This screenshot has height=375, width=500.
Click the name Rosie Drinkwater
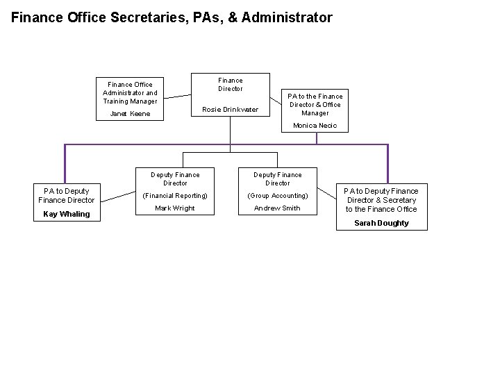coord(230,110)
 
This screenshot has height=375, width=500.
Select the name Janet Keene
coord(130,114)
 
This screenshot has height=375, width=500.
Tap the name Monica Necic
coord(315,126)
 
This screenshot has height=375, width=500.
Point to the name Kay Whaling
coord(67,214)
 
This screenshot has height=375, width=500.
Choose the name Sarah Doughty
coord(381,223)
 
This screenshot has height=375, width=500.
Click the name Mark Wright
coord(175,208)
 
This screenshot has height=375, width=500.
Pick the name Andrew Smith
coord(277,208)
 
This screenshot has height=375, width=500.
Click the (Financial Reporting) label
coord(175,196)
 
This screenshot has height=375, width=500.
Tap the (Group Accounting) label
coord(277,196)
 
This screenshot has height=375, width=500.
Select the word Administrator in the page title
coord(290,17)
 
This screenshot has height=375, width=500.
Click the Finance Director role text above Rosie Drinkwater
coord(231,84)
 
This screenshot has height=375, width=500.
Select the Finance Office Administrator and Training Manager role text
coord(130,93)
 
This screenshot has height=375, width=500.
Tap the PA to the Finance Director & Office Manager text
coord(316,104)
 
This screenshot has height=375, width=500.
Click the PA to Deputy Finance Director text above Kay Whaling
coord(67,195)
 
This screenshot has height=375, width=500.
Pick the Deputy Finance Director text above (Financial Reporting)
coord(175,179)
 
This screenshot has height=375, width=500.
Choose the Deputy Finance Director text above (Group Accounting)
coord(277,179)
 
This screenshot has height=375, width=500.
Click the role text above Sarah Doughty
coord(381,200)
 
